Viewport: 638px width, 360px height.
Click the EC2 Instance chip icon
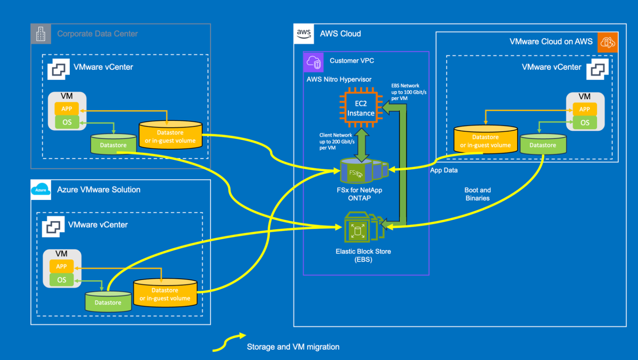[x=361, y=108]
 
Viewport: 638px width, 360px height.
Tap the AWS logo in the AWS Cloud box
[x=304, y=34]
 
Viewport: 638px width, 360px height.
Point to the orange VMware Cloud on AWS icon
[x=607, y=42]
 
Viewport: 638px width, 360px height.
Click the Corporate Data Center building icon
[x=41, y=34]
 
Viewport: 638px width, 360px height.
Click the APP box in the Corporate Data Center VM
[x=67, y=108]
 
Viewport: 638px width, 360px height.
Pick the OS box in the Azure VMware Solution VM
[x=62, y=280]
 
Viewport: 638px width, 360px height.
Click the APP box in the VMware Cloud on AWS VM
[x=584, y=109]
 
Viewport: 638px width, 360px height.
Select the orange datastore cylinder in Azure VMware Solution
[x=165, y=293]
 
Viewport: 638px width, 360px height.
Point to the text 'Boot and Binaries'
[x=477, y=194]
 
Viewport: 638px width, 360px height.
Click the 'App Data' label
[x=444, y=170]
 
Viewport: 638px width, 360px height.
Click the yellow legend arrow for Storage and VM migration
[x=229, y=342]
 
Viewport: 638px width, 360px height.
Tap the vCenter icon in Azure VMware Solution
[x=53, y=224]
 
